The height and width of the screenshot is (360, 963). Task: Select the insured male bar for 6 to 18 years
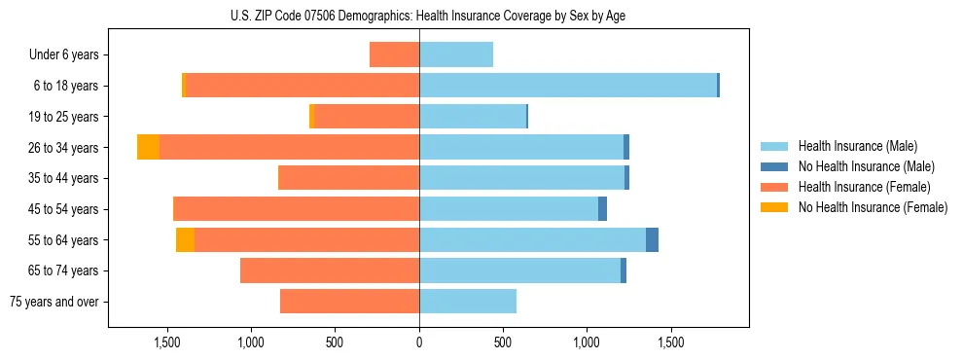pyautogui.click(x=568, y=86)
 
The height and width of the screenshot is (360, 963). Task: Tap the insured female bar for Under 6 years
pyautogui.click(x=394, y=54)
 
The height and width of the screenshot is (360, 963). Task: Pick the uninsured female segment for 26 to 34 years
pyautogui.click(x=148, y=147)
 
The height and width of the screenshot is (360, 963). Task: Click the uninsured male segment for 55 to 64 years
pyautogui.click(x=652, y=240)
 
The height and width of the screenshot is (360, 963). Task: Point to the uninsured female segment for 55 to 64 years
pyautogui.click(x=185, y=240)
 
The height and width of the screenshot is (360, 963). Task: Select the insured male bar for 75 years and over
pyautogui.click(x=468, y=302)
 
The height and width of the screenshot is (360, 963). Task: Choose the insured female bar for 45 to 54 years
pyautogui.click(x=296, y=209)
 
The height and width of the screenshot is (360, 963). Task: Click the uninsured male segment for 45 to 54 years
pyautogui.click(x=602, y=209)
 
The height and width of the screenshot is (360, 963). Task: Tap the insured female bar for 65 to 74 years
pyautogui.click(x=330, y=270)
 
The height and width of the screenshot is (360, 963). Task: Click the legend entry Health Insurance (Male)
pyautogui.click(x=857, y=146)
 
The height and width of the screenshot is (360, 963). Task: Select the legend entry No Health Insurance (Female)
pyautogui.click(x=873, y=207)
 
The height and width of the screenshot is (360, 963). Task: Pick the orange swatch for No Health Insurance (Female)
pyautogui.click(x=774, y=207)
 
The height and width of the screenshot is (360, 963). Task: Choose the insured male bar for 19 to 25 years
pyautogui.click(x=473, y=117)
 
